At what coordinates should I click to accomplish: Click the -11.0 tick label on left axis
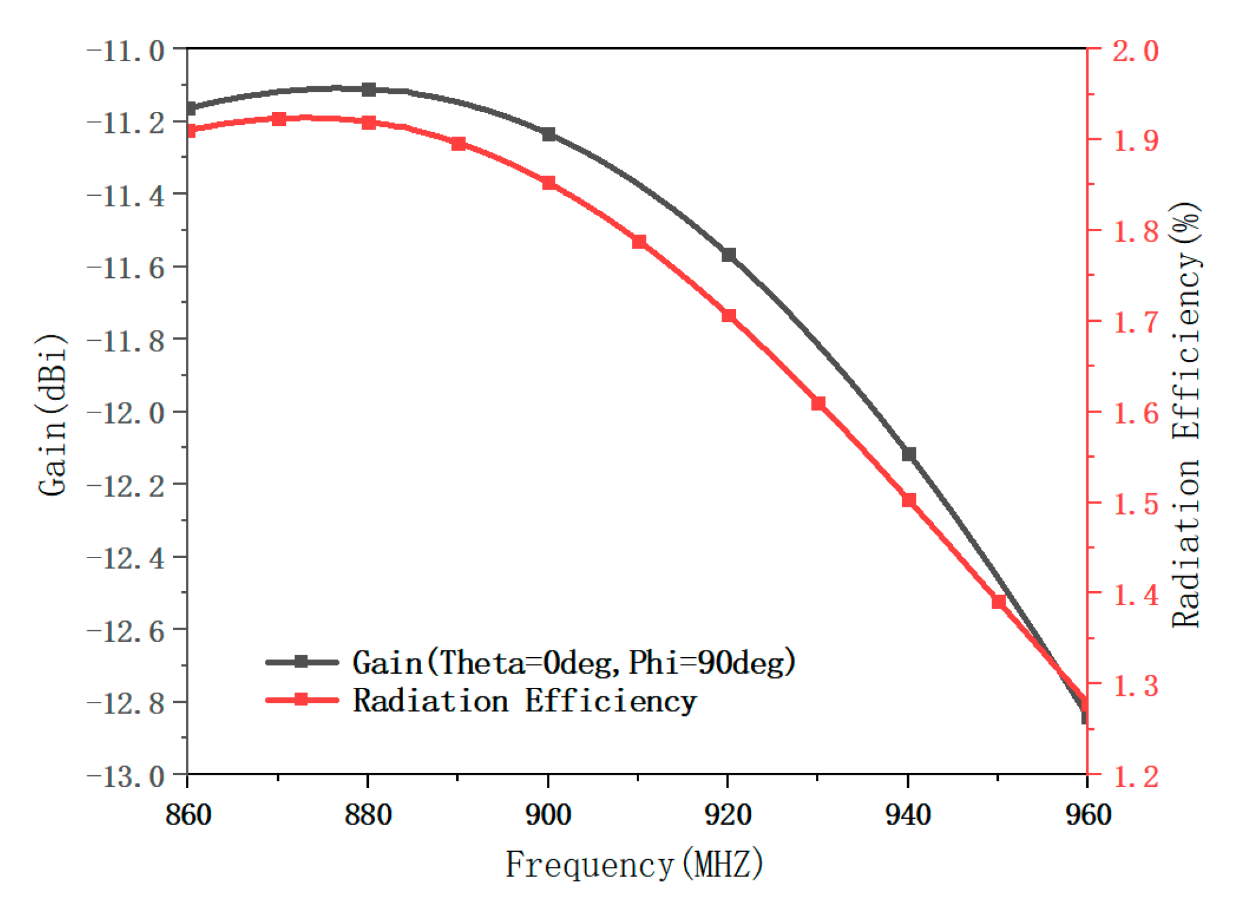(x=126, y=51)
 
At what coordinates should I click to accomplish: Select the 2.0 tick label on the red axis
(x=1135, y=51)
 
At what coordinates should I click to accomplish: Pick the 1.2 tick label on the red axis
(x=1135, y=777)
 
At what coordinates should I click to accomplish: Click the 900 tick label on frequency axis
(x=548, y=815)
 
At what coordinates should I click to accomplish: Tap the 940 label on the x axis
(x=908, y=815)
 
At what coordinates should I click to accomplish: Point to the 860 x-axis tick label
(x=188, y=815)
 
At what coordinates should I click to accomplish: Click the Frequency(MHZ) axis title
(x=634, y=865)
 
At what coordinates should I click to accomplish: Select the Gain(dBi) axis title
(x=51, y=415)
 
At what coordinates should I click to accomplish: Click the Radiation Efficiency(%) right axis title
(x=1186, y=415)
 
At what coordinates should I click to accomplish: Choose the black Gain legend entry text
(x=574, y=663)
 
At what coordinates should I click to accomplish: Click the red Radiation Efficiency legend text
(x=525, y=701)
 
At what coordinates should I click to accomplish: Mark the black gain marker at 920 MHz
(x=728, y=255)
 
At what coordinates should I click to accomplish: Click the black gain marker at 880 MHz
(x=368, y=89)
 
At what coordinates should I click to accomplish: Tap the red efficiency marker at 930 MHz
(x=818, y=403)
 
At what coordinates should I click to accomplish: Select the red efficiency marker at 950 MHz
(x=998, y=602)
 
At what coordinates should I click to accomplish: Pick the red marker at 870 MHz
(x=279, y=119)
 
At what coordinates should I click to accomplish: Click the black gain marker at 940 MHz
(x=908, y=454)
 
